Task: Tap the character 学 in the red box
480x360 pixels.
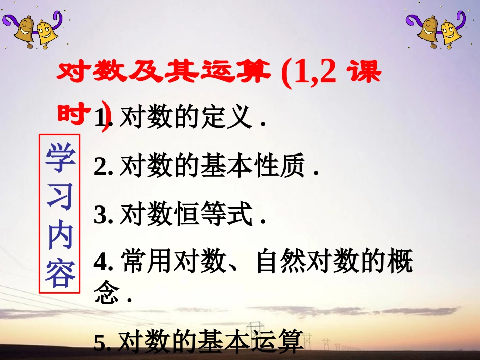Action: (60, 157)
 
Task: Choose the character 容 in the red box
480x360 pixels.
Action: (60, 274)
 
